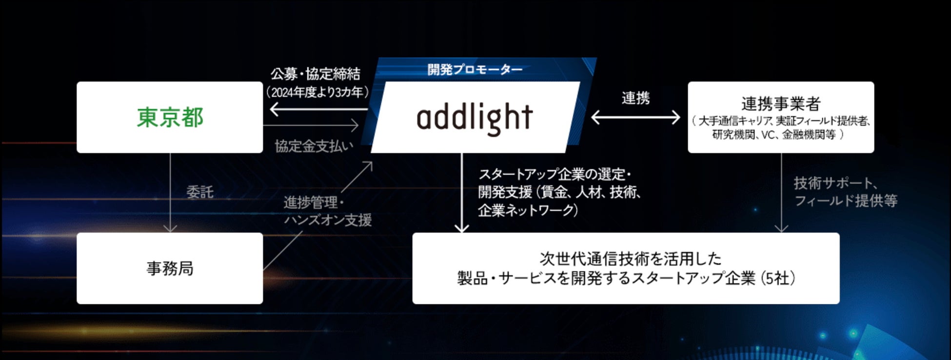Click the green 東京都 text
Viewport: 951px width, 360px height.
click(170, 118)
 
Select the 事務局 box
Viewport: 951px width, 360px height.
click(170, 268)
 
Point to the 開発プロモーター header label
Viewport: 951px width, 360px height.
click(475, 70)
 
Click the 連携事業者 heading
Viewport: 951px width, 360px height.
click(781, 103)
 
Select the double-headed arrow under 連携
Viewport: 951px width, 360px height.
click(635, 118)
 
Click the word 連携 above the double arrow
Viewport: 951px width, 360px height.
click(635, 99)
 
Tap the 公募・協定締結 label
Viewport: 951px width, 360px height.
click(316, 74)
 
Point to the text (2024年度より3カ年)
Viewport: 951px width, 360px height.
click(317, 92)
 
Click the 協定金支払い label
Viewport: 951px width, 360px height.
click(314, 146)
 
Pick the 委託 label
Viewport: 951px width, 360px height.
click(200, 192)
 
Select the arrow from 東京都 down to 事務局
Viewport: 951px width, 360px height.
click(170, 195)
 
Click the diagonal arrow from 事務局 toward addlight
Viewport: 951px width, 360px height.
click(317, 217)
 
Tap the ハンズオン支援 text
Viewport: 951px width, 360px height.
click(328, 220)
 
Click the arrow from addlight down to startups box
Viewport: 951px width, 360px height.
click(461, 195)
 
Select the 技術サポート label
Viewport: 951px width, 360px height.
click(836, 183)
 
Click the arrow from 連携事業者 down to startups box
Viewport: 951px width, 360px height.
click(781, 195)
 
